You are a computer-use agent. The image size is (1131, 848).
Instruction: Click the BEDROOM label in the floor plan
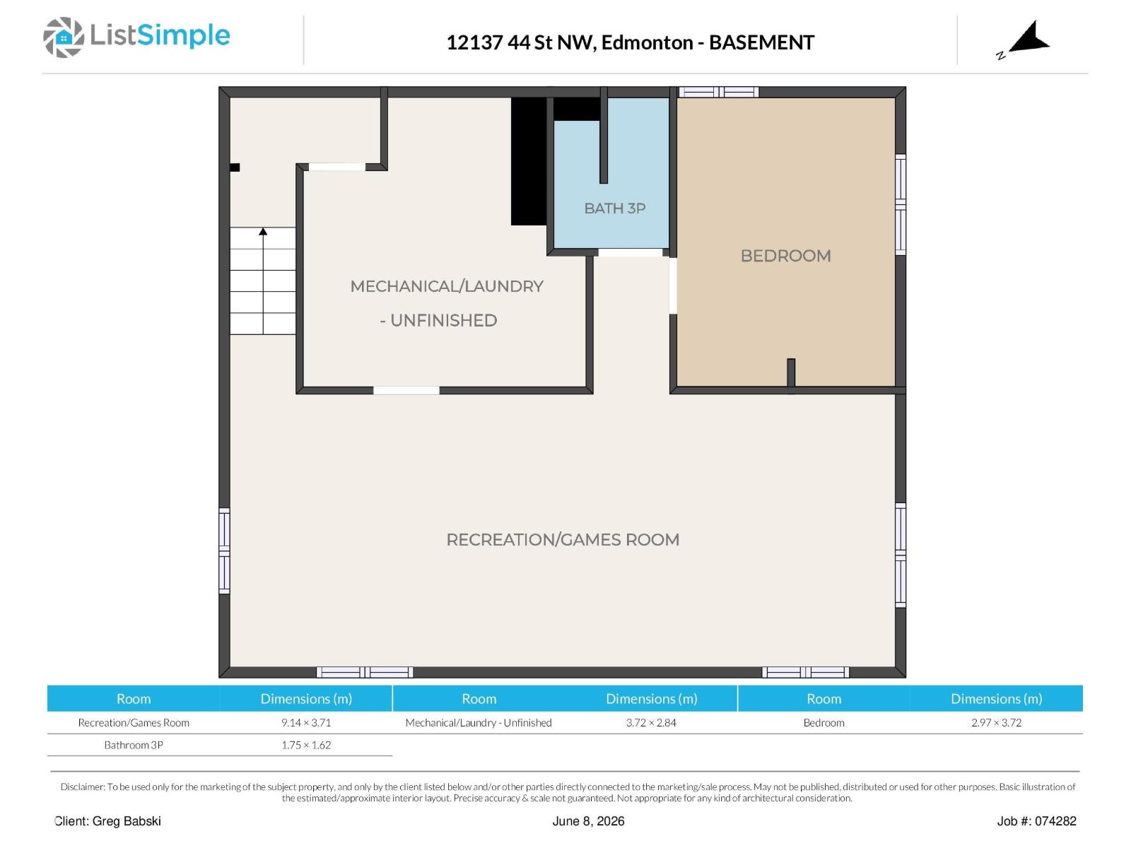point(785,256)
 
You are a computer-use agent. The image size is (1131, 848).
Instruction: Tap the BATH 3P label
point(614,208)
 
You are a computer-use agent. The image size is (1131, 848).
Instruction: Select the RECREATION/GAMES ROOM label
point(563,540)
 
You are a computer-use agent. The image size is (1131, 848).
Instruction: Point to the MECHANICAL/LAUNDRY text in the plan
point(447,286)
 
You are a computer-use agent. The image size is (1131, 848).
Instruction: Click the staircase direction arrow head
point(263,232)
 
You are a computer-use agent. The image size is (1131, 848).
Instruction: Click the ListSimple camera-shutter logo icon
point(64,37)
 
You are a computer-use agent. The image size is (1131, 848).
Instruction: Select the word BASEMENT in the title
point(761,42)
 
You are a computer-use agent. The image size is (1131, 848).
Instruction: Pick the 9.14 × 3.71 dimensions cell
point(306,722)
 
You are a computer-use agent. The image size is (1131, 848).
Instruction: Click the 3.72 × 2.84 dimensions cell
point(651,722)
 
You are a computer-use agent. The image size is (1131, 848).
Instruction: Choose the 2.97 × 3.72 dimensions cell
point(996,722)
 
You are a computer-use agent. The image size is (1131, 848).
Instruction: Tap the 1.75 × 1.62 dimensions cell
point(306,745)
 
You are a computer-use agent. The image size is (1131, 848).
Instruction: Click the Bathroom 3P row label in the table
point(134,745)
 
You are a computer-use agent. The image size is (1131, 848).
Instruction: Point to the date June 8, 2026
point(588,821)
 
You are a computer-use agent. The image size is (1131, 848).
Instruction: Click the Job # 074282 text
point(1036,821)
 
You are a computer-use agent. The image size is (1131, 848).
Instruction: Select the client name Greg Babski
point(127,821)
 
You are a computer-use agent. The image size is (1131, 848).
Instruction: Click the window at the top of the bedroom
point(718,92)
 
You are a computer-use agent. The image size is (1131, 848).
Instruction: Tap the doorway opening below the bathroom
point(630,252)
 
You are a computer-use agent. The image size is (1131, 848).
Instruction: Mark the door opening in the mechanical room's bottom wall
point(406,390)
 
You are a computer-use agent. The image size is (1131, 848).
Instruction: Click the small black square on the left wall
point(235,167)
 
